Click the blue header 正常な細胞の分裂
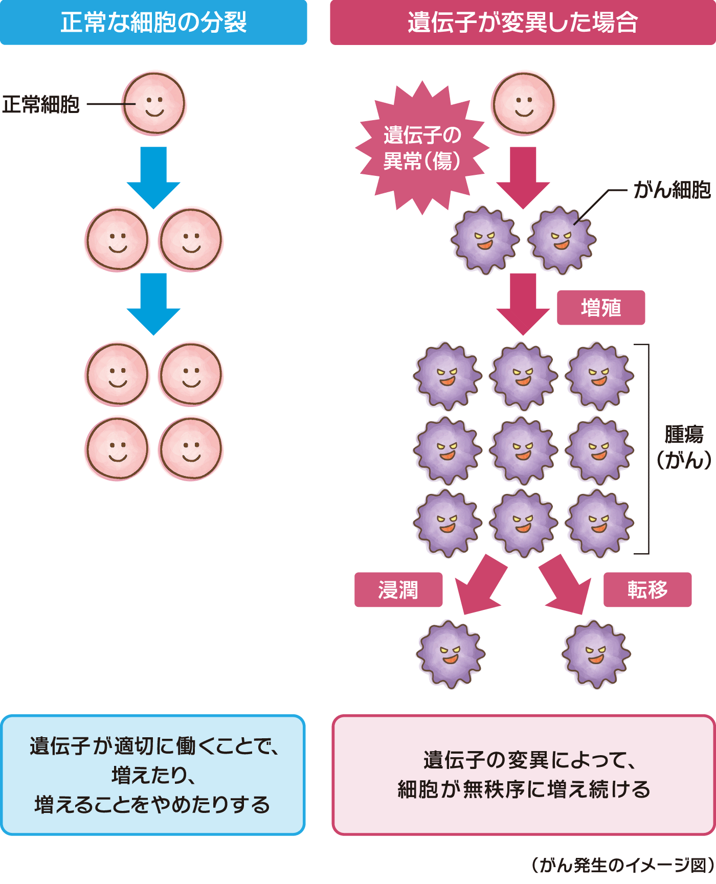point(153,22)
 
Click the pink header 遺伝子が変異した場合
point(523,22)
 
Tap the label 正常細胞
point(41,105)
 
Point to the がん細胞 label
point(672,190)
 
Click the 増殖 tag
point(601,308)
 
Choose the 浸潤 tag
point(398,590)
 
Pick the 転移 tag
point(647,590)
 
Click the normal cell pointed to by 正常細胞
point(154,104)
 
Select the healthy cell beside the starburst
point(523,104)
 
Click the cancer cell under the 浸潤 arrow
point(451,654)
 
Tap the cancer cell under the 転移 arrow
point(596,654)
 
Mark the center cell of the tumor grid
point(523,450)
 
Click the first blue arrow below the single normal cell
point(153,177)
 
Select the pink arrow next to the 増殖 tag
point(523,304)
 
